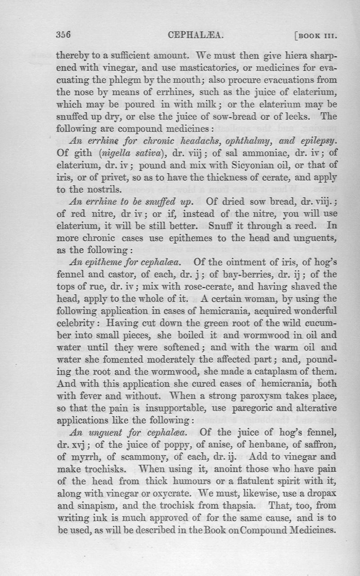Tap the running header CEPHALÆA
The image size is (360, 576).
195,35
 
